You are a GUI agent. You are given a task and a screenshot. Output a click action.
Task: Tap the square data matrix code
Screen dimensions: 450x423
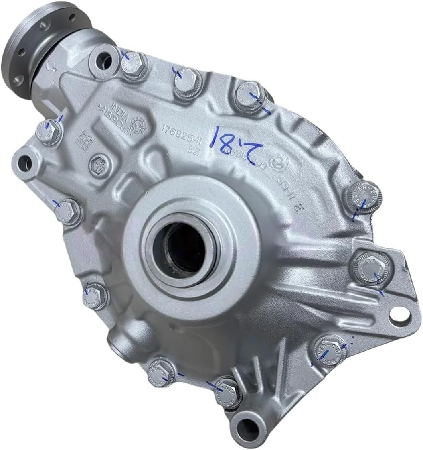coord(85,138)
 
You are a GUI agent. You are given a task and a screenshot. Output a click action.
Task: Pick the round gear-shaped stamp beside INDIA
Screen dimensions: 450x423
coord(140,123)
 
